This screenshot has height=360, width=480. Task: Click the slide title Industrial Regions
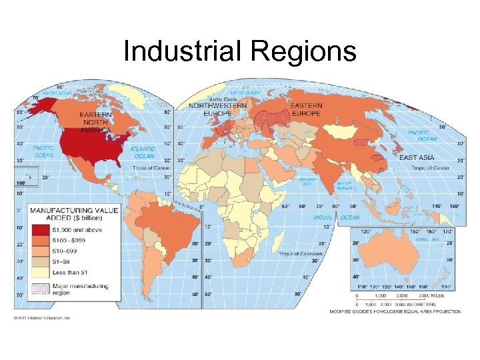point(240,52)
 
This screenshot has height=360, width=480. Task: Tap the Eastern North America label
point(96,122)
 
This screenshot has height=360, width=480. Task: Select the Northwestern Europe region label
point(218,109)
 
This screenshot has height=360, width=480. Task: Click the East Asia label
point(418,157)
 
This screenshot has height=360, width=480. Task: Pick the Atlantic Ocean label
point(142,153)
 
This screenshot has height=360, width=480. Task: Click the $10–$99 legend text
point(65,251)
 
